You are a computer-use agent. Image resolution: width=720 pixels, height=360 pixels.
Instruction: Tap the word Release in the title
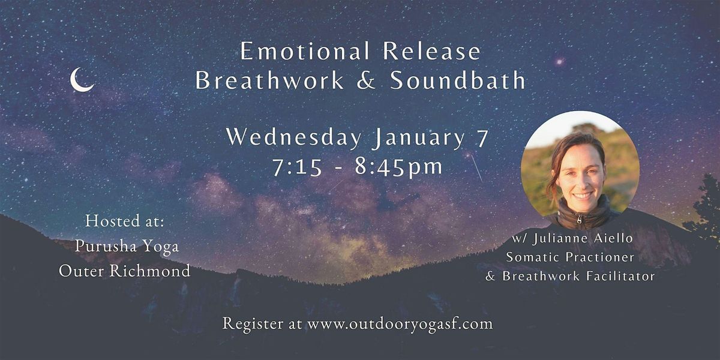pyautogui.click(x=431, y=51)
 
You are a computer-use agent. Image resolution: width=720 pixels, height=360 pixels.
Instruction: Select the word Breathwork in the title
pyautogui.click(x=269, y=80)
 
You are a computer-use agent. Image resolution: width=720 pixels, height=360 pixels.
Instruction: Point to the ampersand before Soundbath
pyautogui.click(x=366, y=80)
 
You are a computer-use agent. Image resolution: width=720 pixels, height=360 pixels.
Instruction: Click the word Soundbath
pyautogui.click(x=458, y=80)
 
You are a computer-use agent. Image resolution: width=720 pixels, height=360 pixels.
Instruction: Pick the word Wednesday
pyautogui.click(x=294, y=138)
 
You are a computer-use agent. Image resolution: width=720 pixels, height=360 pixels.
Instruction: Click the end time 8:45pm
pyautogui.click(x=399, y=167)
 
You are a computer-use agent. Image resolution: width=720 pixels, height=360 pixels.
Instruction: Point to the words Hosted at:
pyautogui.click(x=125, y=221)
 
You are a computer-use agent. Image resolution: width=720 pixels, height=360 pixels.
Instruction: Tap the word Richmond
pyautogui.click(x=150, y=271)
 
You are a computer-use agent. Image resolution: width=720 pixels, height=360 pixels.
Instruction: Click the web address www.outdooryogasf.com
pyautogui.click(x=400, y=324)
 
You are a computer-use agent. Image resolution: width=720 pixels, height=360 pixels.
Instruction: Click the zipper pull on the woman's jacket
pyautogui.click(x=579, y=219)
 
